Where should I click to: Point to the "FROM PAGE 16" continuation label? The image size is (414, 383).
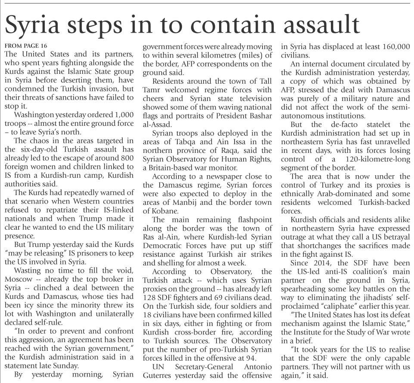25,46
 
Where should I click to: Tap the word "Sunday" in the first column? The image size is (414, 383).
67,365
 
